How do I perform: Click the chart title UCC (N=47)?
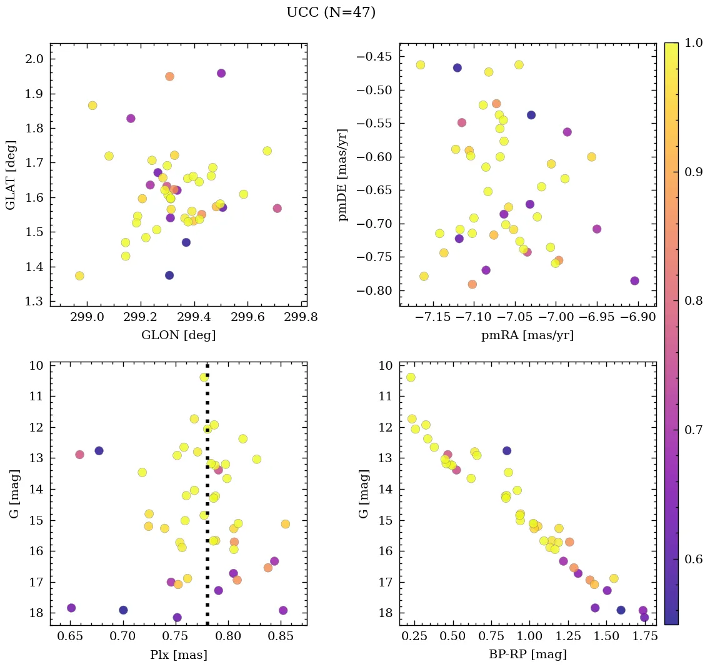click(x=331, y=12)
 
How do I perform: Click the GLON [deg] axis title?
click(x=178, y=335)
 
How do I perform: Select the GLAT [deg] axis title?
click(x=11, y=174)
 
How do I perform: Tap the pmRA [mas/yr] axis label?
click(x=527, y=335)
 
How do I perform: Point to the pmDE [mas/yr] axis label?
click(x=343, y=174)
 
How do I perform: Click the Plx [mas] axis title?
click(x=178, y=655)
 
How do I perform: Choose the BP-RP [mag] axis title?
click(x=527, y=655)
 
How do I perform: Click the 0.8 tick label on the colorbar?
click(x=693, y=301)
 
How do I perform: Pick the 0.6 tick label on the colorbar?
click(x=693, y=559)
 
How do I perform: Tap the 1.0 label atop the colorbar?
click(x=693, y=43)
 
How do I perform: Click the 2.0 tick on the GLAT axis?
click(x=34, y=59)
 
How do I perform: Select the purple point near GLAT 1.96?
click(x=221, y=73)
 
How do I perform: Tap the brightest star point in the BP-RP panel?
click(x=411, y=377)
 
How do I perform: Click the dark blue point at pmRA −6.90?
click(x=634, y=281)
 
